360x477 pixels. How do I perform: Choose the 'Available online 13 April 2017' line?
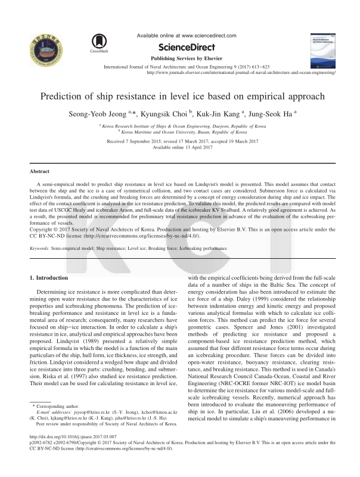[180, 147]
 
